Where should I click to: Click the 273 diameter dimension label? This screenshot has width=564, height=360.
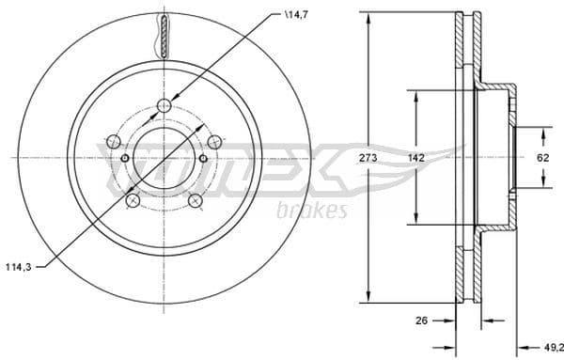tap(368, 158)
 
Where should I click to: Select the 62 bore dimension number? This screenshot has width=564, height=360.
tap(542, 158)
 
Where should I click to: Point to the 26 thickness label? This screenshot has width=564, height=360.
tap(422, 321)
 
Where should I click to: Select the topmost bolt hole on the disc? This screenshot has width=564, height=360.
tap(164, 105)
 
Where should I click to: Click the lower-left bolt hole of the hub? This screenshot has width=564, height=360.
tap(133, 200)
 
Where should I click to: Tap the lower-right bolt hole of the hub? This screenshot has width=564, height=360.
tap(196, 200)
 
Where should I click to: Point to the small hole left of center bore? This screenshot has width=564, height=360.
tap(126, 159)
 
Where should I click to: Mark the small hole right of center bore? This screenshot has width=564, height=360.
tap(203, 159)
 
